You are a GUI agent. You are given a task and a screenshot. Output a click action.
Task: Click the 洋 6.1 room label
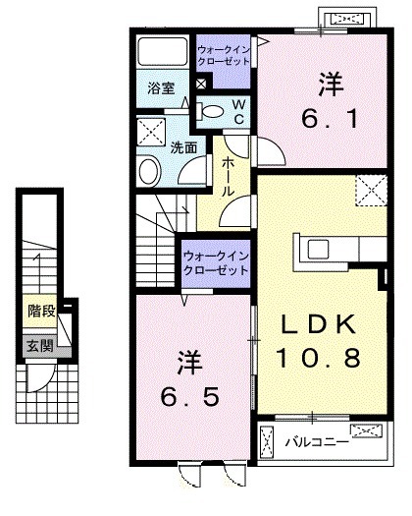coord(331,104)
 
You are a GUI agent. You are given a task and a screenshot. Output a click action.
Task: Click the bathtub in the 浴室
coord(162,51)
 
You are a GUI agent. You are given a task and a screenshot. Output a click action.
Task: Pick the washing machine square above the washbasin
coord(150,130)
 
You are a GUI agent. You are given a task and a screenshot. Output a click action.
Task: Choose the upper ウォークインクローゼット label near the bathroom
coord(224,53)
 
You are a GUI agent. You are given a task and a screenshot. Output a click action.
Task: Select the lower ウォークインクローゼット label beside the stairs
coord(216,263)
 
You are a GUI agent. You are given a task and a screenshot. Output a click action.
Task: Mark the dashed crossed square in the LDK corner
coord(370,188)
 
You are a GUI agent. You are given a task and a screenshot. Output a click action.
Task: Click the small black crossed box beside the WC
coord(202,86)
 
